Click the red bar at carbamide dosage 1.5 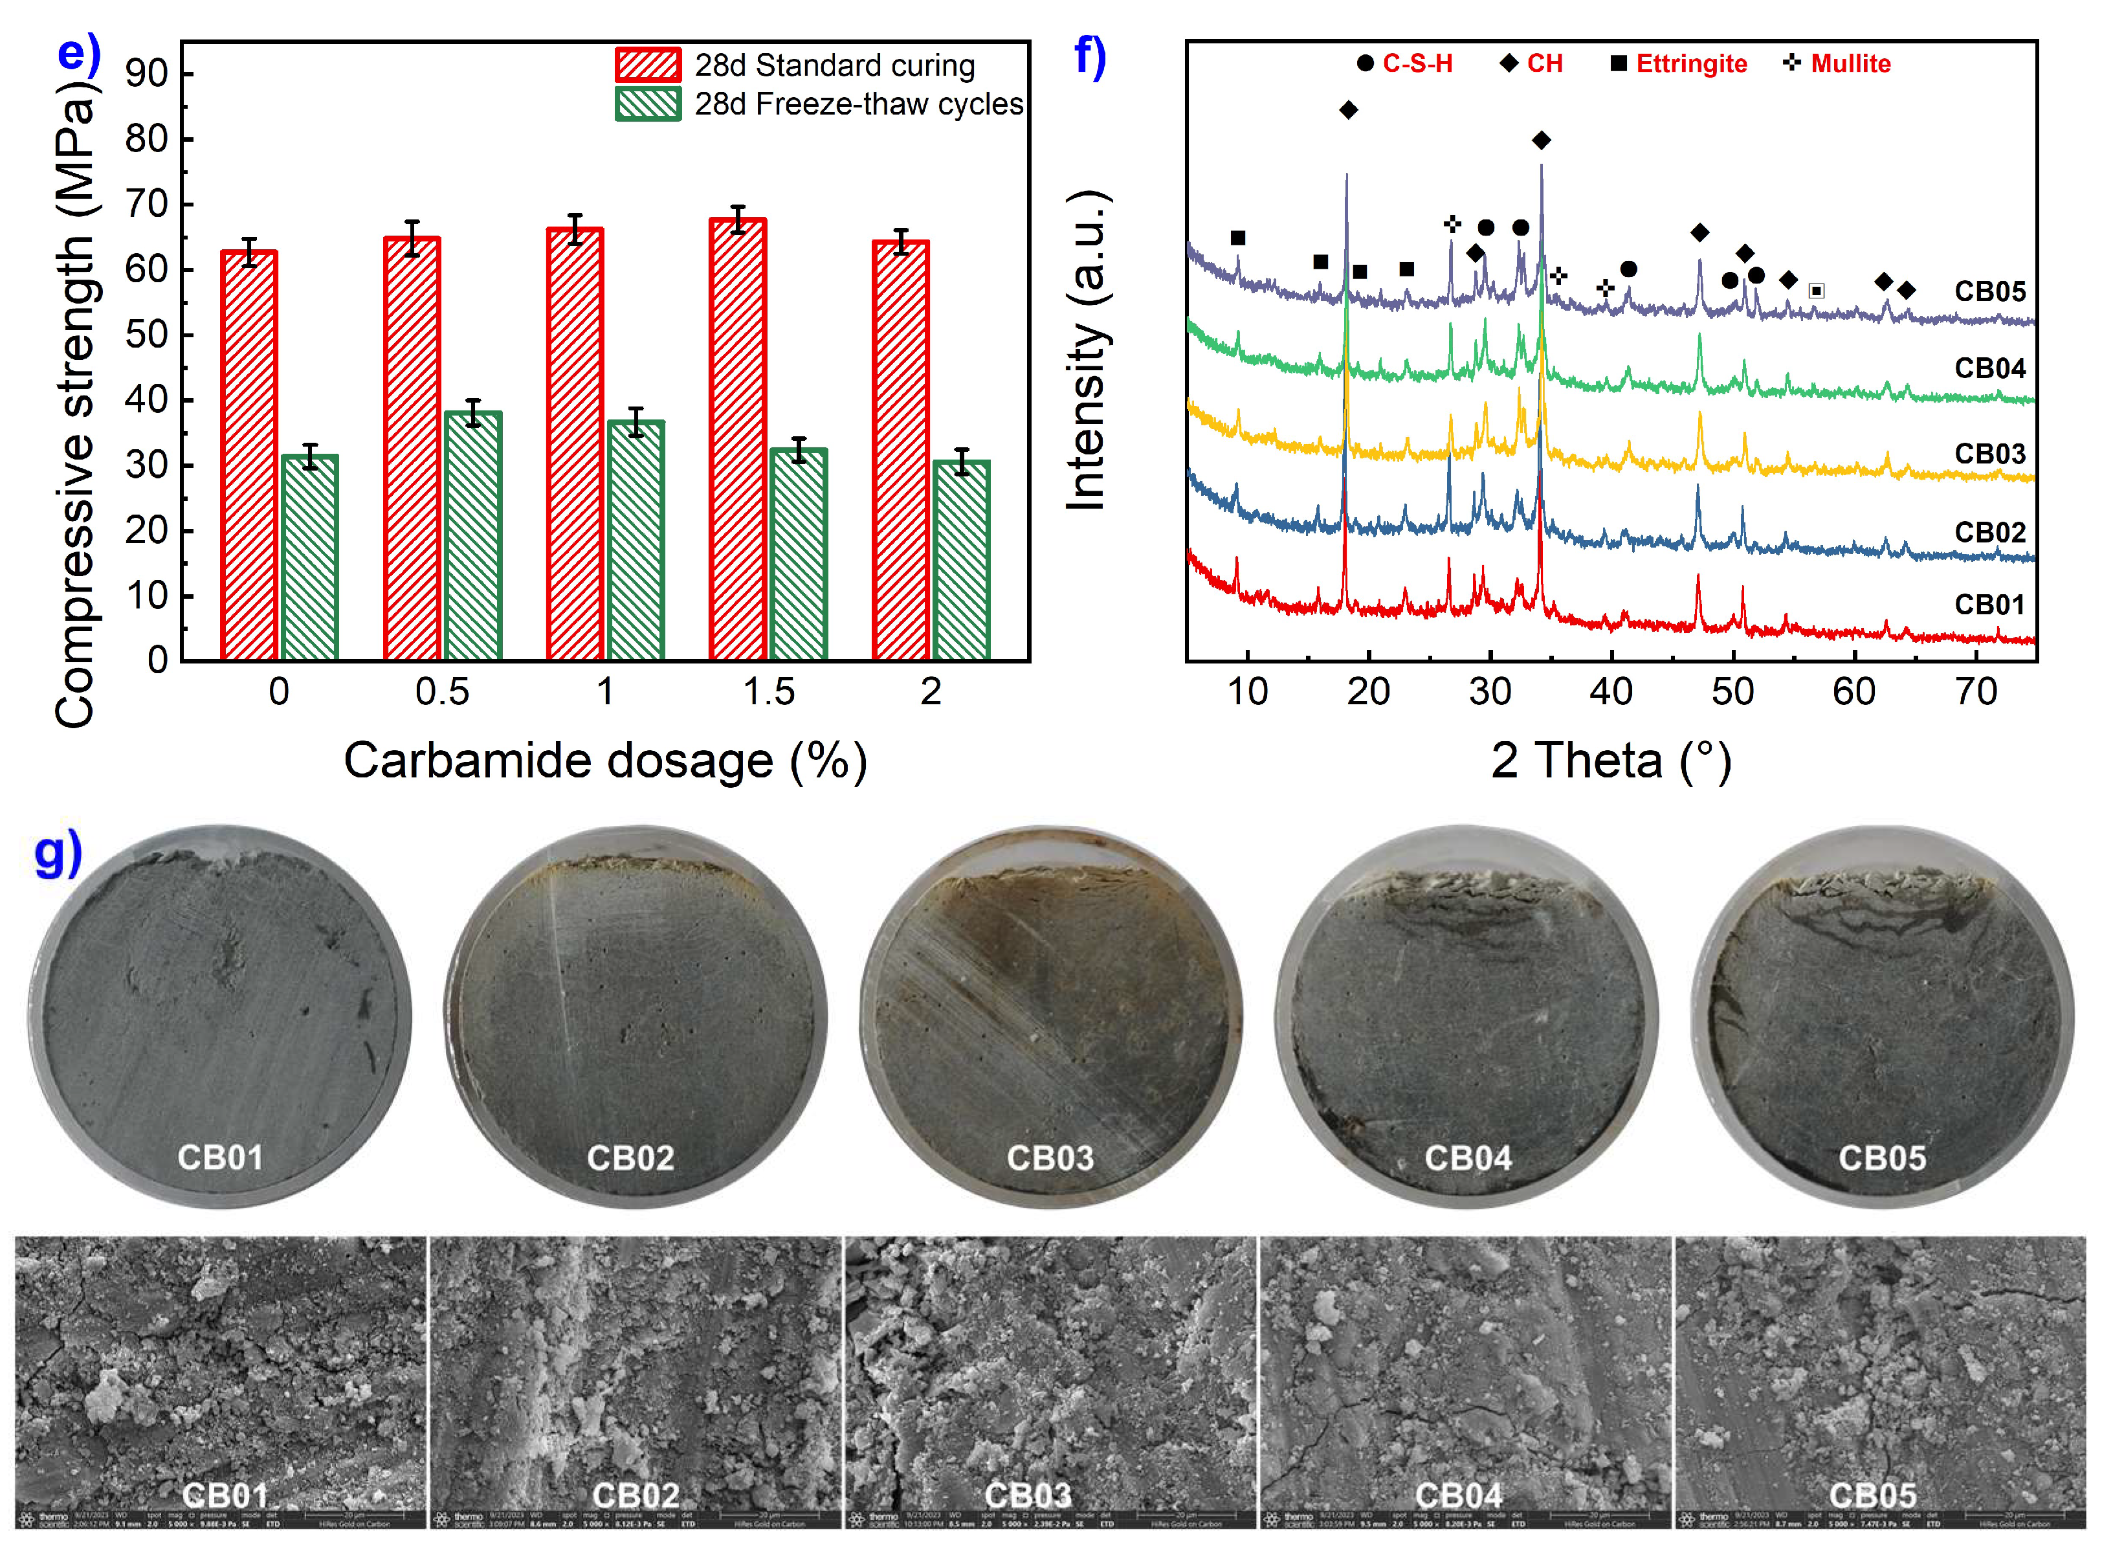click(x=737, y=441)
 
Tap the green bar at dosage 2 click(x=961, y=561)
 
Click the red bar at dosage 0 click(x=249, y=456)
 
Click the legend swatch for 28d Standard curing click(x=648, y=65)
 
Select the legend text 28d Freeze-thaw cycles click(x=858, y=104)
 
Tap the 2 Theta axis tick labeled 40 click(x=1611, y=692)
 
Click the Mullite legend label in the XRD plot click(x=1850, y=64)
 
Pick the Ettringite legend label click(x=1690, y=64)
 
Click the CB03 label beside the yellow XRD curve click(x=1989, y=454)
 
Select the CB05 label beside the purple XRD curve click(x=1989, y=291)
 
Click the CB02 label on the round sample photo click(x=630, y=1158)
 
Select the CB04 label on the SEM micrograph click(x=1458, y=1495)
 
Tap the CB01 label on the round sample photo click(x=220, y=1157)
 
